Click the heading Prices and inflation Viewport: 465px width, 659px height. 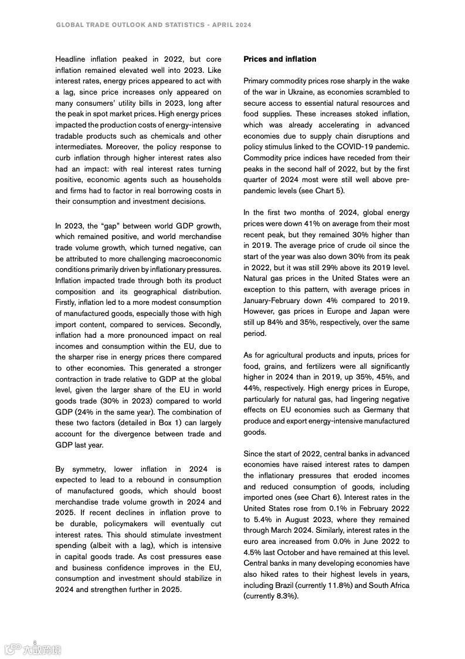pyautogui.click(x=280, y=59)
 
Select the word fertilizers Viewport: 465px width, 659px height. pyautogui.click(x=317, y=367)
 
